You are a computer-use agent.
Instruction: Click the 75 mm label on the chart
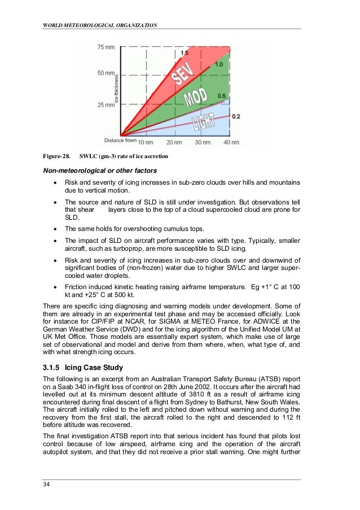click(106, 47)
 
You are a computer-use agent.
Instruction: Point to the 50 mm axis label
click(106, 73)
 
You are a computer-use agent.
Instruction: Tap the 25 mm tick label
click(106, 105)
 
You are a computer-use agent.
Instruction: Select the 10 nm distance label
click(146, 142)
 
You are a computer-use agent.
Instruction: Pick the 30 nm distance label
click(203, 142)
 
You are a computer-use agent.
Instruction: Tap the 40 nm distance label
click(231, 142)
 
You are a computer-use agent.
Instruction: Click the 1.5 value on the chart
click(185, 53)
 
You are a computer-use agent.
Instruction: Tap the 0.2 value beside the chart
click(236, 116)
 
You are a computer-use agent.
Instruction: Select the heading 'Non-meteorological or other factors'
click(100, 171)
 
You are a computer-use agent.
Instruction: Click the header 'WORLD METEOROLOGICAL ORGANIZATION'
click(99, 25)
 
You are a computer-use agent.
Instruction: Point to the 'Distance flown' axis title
click(120, 140)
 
